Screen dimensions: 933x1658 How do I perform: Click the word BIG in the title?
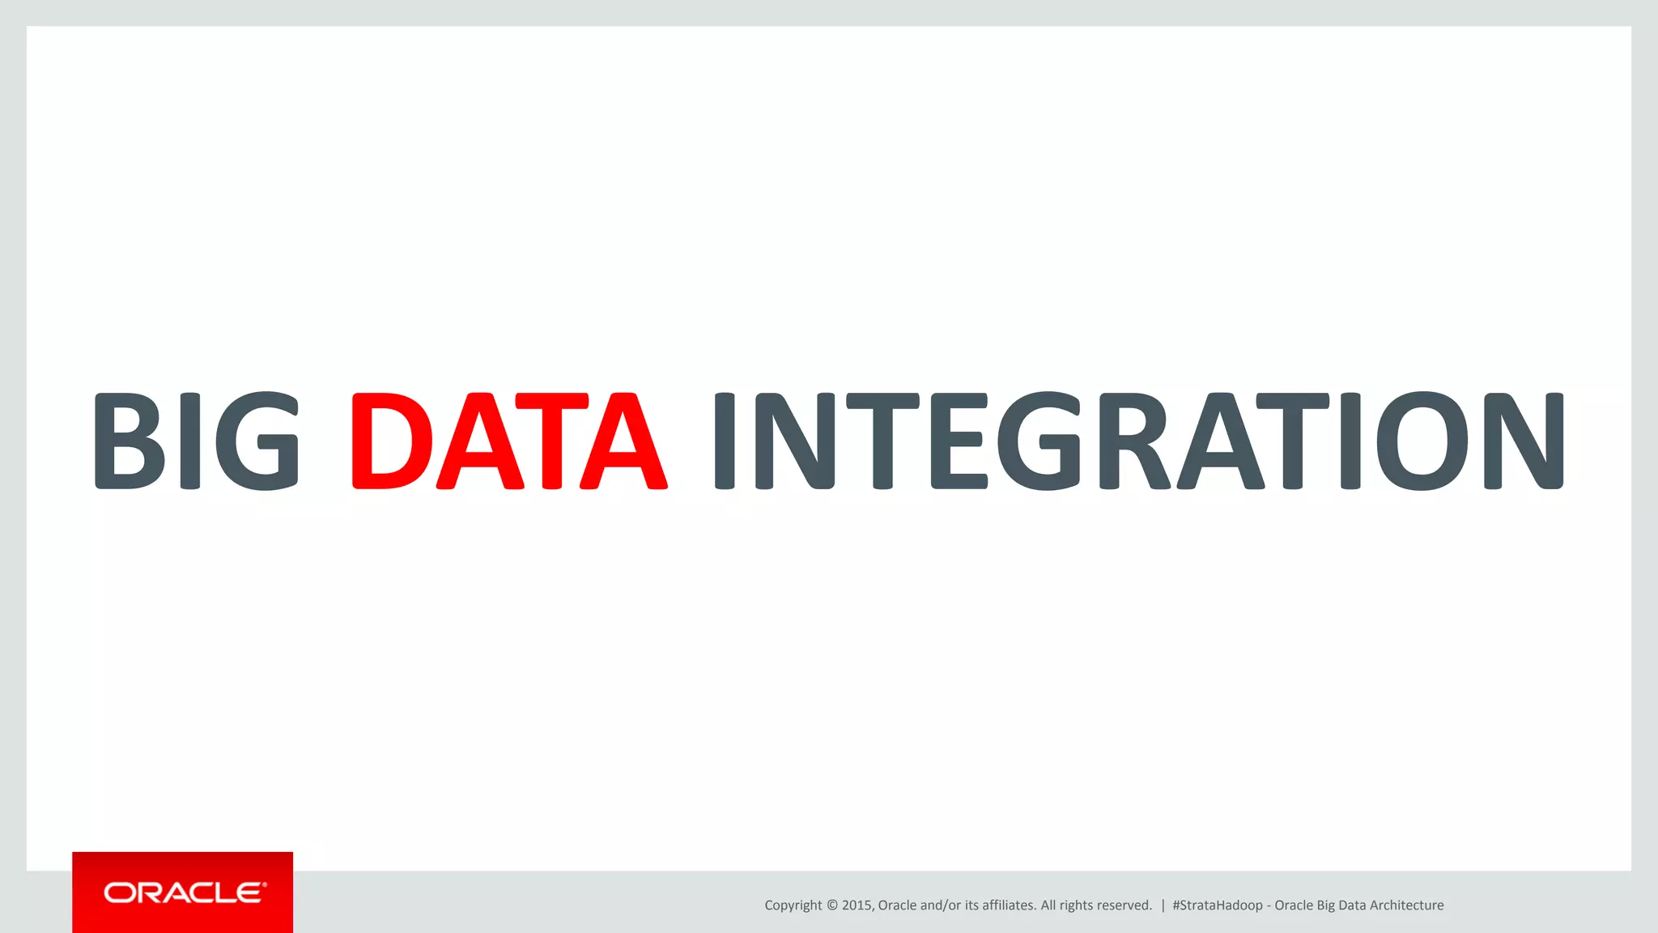pos(196,441)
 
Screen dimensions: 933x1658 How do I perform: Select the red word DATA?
pos(509,441)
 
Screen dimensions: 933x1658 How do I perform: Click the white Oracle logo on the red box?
pos(185,893)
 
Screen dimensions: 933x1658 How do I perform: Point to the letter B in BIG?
pos(130,441)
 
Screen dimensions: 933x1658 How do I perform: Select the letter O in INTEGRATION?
pos(1422,441)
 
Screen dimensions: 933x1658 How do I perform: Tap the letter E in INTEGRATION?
pos(959,441)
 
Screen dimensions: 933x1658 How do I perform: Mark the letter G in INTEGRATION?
pos(1038,441)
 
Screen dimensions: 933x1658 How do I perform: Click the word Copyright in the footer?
pos(793,905)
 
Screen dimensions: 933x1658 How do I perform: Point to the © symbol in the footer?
pos(831,905)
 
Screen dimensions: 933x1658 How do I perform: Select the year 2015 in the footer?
pos(857,905)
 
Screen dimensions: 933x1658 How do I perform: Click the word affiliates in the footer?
pos(1009,905)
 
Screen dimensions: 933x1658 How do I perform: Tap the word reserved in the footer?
pos(1122,905)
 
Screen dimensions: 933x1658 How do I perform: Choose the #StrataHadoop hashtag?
pos(1217,905)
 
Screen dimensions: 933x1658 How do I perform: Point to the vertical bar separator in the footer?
pos(1163,905)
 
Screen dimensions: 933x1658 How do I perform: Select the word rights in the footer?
pos(1074,905)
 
